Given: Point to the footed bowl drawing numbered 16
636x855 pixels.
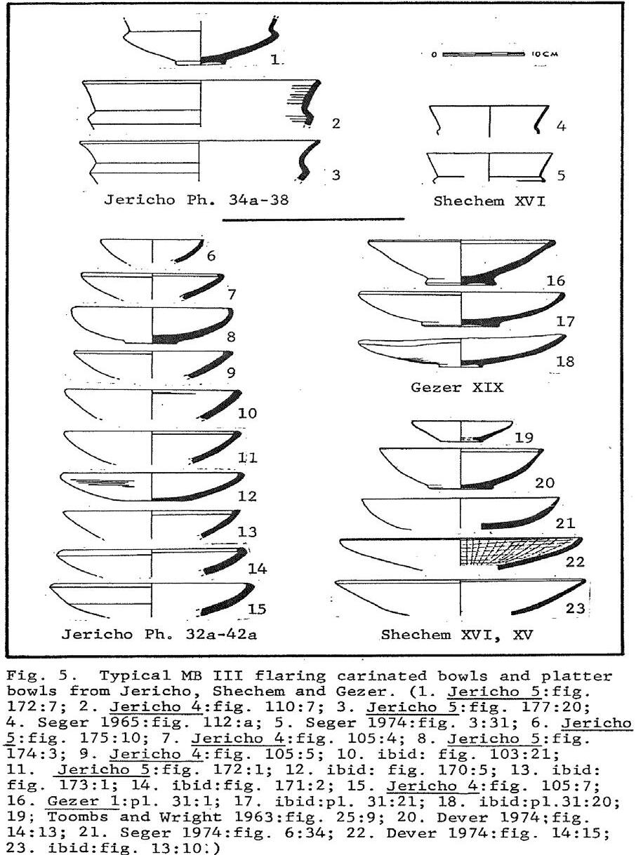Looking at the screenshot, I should click(461, 262).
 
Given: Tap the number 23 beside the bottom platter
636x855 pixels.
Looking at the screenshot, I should click(575, 609).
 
